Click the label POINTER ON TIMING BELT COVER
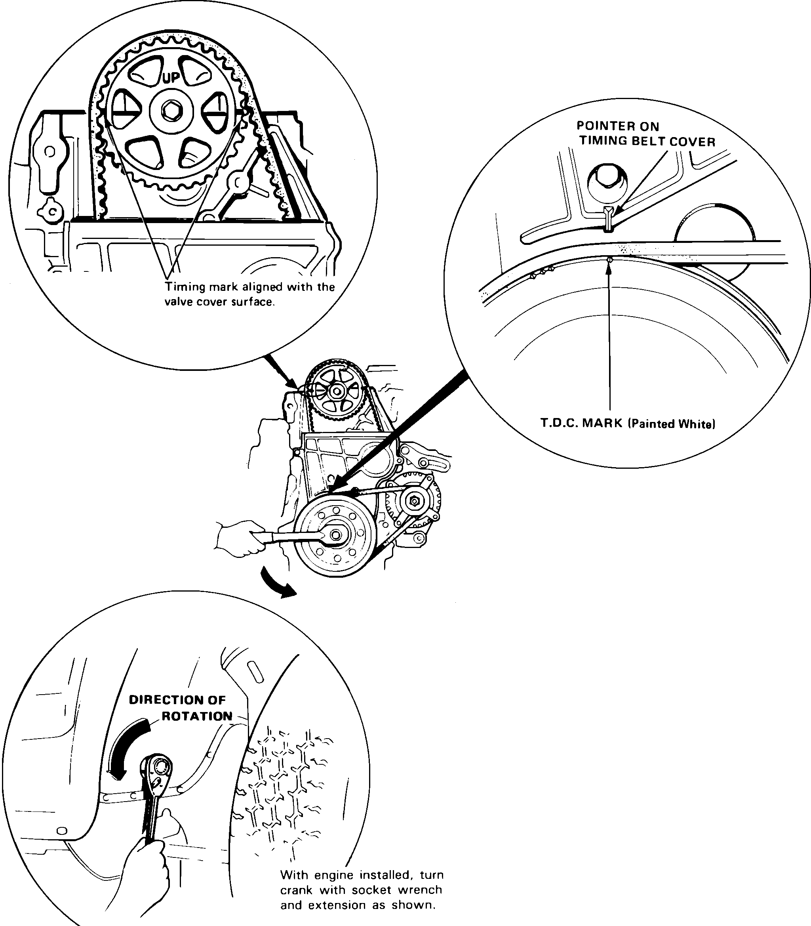point(646,134)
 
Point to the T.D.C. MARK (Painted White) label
point(628,424)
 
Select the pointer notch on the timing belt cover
point(609,218)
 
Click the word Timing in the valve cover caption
point(183,287)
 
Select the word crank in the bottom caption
point(297,890)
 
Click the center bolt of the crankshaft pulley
point(335,535)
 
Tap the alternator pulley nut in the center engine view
point(413,501)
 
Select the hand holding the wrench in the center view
point(237,538)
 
